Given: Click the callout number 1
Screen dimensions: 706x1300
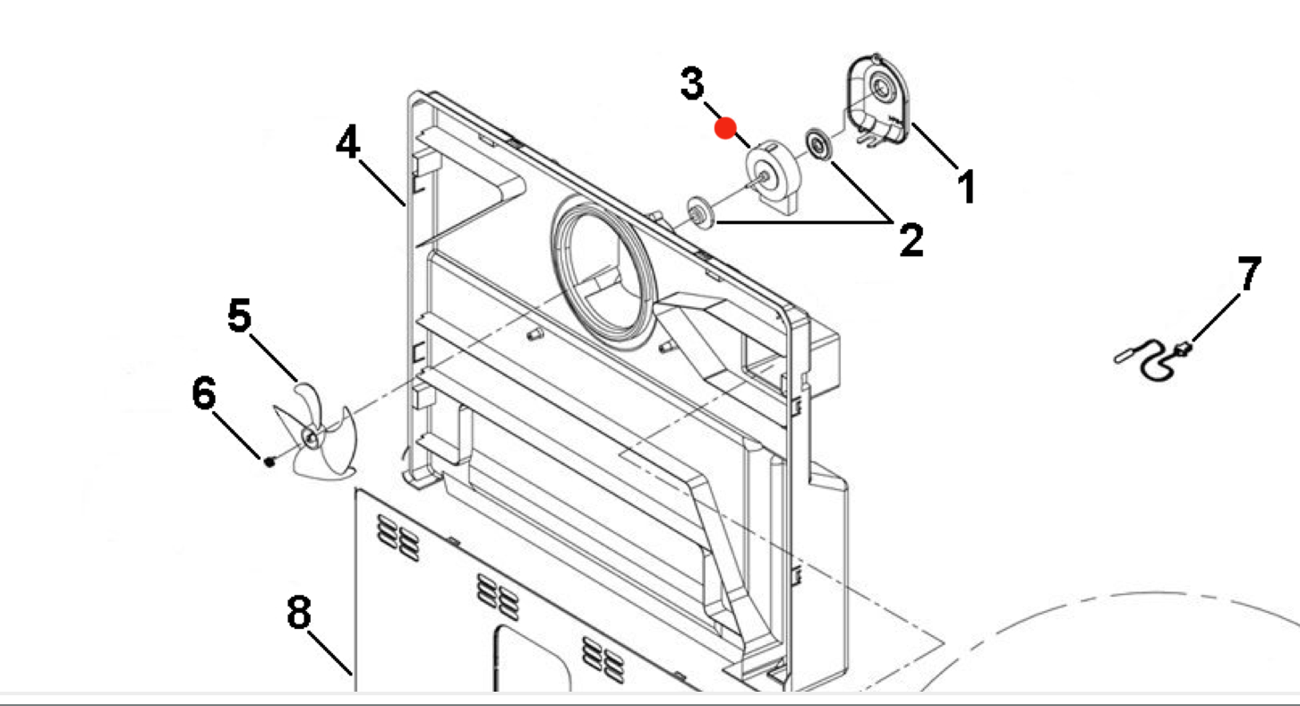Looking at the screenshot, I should (x=965, y=189).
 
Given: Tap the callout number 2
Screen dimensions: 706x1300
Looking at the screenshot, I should (x=911, y=241).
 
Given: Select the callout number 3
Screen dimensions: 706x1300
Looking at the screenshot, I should (x=692, y=85).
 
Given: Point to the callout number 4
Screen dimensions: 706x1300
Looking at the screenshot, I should (x=348, y=142).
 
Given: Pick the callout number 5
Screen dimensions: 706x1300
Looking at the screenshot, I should (x=239, y=316).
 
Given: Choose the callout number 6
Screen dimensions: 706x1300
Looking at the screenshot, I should (x=204, y=394).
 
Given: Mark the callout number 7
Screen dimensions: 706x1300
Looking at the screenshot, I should (x=1249, y=274).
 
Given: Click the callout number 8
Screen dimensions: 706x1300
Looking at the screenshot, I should (x=299, y=614).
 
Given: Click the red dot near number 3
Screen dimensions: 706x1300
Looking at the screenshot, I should (x=725, y=129).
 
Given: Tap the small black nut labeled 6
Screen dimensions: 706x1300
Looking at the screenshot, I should (x=269, y=461).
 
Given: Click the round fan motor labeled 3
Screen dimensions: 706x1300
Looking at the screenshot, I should (x=771, y=176).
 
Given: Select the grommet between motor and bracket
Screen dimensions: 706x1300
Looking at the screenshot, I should (x=818, y=142).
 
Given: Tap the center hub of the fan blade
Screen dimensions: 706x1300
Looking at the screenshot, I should (x=311, y=437).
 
